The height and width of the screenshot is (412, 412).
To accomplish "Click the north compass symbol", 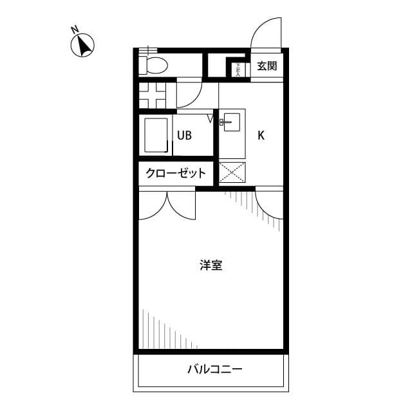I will pos(83,45).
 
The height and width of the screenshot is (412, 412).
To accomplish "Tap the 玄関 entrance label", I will pos(267,66).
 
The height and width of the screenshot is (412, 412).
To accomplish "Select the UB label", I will pos(185,136).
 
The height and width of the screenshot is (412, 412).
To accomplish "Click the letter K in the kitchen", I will pos(261,136).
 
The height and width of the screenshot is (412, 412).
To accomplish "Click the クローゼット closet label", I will pos(176,173).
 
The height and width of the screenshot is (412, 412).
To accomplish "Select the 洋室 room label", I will pos(211,265).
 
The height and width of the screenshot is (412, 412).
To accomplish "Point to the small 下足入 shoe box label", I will pos(238,68).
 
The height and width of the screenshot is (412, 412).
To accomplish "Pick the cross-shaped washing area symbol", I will pos(154,95).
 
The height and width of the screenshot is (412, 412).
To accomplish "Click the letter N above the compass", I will pos(75,29).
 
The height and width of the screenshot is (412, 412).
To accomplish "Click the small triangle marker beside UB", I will pos(211,118).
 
